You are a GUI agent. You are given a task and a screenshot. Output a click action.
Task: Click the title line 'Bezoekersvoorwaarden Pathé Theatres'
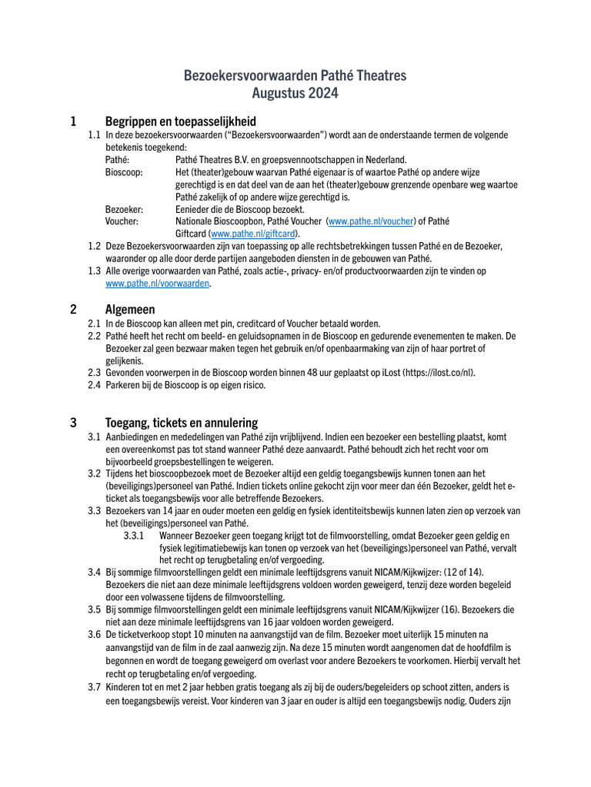(295, 75)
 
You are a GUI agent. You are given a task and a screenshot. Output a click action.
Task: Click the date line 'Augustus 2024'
(295, 94)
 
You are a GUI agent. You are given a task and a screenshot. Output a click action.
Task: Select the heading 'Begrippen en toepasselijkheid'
(180, 121)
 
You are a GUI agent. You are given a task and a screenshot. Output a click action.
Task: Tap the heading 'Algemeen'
(130, 309)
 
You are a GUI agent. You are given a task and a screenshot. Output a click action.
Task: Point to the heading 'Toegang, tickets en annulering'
(182, 422)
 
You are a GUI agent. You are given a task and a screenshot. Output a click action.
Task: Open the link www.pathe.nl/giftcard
(254, 234)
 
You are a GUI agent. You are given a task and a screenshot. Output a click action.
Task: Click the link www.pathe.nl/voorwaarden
(157, 284)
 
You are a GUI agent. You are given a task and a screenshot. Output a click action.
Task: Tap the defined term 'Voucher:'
(122, 221)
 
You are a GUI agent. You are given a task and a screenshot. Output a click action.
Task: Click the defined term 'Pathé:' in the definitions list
(117, 160)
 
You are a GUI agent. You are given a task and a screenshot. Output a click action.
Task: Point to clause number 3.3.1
(135, 536)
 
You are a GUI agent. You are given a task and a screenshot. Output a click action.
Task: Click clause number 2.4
(94, 386)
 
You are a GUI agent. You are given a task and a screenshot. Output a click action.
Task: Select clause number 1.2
(94, 246)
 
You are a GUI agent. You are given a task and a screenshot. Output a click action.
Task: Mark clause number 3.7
(94, 686)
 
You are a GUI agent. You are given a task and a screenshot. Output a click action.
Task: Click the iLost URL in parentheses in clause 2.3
(438, 373)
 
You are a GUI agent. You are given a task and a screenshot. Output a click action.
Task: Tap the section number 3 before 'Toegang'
(73, 422)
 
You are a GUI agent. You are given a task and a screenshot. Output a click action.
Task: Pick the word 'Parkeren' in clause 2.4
(123, 386)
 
